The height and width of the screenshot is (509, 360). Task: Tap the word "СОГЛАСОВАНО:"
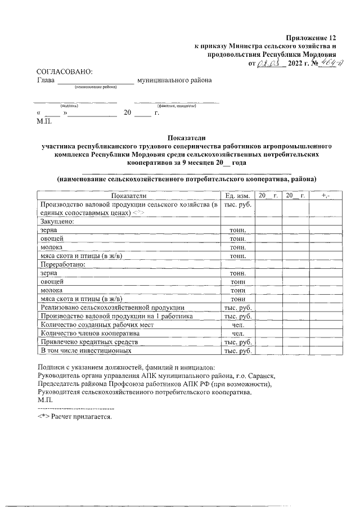point(64,71)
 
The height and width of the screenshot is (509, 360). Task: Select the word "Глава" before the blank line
point(46,80)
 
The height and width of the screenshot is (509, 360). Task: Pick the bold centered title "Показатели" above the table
point(187,137)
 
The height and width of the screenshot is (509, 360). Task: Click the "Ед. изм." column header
point(237,195)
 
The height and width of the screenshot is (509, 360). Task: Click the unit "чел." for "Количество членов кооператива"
point(237,333)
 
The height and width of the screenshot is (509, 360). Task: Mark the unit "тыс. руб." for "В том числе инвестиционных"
point(237,350)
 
